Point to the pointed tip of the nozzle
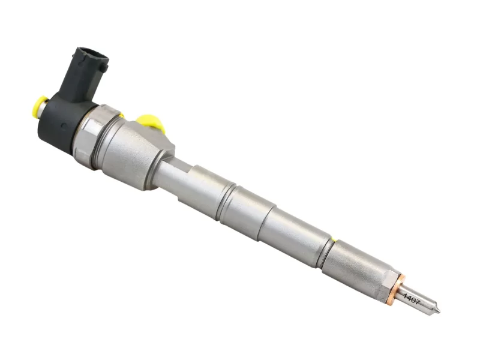pos(440,311)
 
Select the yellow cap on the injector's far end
pos(39,107)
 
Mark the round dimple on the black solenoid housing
pos(64,126)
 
